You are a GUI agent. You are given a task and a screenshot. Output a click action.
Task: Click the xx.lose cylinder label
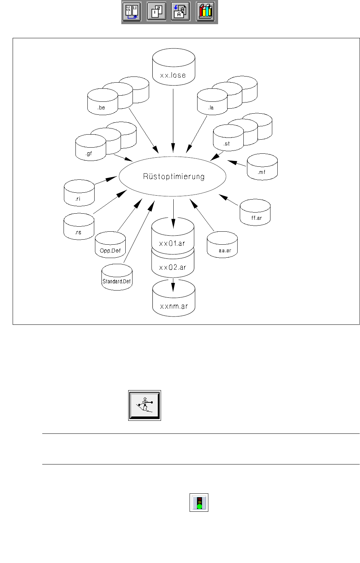(173, 75)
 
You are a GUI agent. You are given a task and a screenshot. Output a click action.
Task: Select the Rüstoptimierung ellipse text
(174, 176)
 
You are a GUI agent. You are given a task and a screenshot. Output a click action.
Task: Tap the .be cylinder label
(101, 108)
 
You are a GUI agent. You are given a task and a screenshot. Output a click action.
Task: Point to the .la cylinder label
(211, 108)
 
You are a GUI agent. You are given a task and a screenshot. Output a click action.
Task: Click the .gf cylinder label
(89, 153)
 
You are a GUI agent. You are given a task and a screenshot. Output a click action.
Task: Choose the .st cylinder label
(227, 144)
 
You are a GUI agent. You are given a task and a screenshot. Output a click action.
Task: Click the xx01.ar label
(172, 243)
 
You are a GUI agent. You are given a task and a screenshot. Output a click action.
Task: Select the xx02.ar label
(173, 267)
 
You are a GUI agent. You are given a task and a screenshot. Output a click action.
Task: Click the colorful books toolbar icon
(205, 12)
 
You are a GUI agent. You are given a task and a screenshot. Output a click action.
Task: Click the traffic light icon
(199, 502)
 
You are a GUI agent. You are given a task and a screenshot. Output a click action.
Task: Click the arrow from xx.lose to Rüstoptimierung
(173, 119)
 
